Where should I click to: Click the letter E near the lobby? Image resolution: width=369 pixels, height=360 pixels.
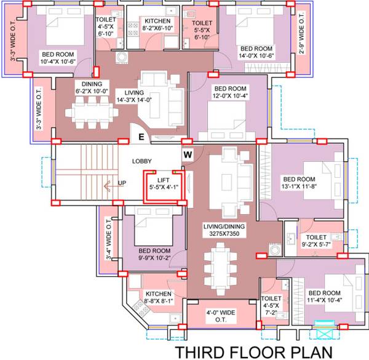pyautogui.click(x=141, y=137)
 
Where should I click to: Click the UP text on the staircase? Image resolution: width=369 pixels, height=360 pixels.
pyautogui.click(x=122, y=183)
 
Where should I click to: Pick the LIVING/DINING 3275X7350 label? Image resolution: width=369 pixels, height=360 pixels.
pyautogui.click(x=224, y=230)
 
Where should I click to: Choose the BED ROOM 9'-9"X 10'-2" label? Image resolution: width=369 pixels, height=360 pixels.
pyautogui.click(x=154, y=255)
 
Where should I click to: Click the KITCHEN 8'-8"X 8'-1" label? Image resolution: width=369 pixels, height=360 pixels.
pyautogui.click(x=158, y=298)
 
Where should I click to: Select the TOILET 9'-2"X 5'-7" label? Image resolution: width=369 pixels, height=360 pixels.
pyautogui.click(x=315, y=240)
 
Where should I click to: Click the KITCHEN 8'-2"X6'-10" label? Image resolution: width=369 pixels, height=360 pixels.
pyautogui.click(x=153, y=25)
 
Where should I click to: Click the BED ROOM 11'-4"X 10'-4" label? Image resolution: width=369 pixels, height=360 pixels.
pyautogui.click(x=324, y=297)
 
